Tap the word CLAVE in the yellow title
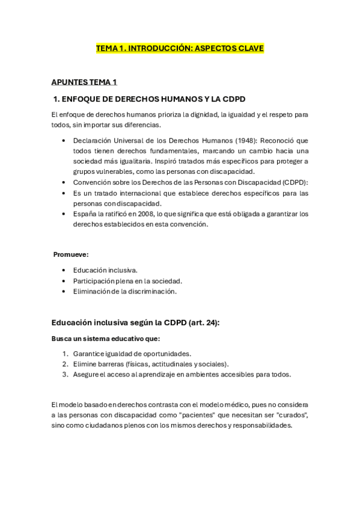(x=249, y=48)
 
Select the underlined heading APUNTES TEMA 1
(x=84, y=82)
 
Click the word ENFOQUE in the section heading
(x=82, y=99)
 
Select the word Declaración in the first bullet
(x=92, y=140)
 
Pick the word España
(x=84, y=214)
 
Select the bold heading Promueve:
(x=71, y=254)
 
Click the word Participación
(x=93, y=281)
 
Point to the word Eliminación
(x=91, y=291)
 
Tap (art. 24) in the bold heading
(x=203, y=322)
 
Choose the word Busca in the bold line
(x=61, y=339)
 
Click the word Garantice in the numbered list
(x=88, y=354)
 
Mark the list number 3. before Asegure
(x=65, y=374)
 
